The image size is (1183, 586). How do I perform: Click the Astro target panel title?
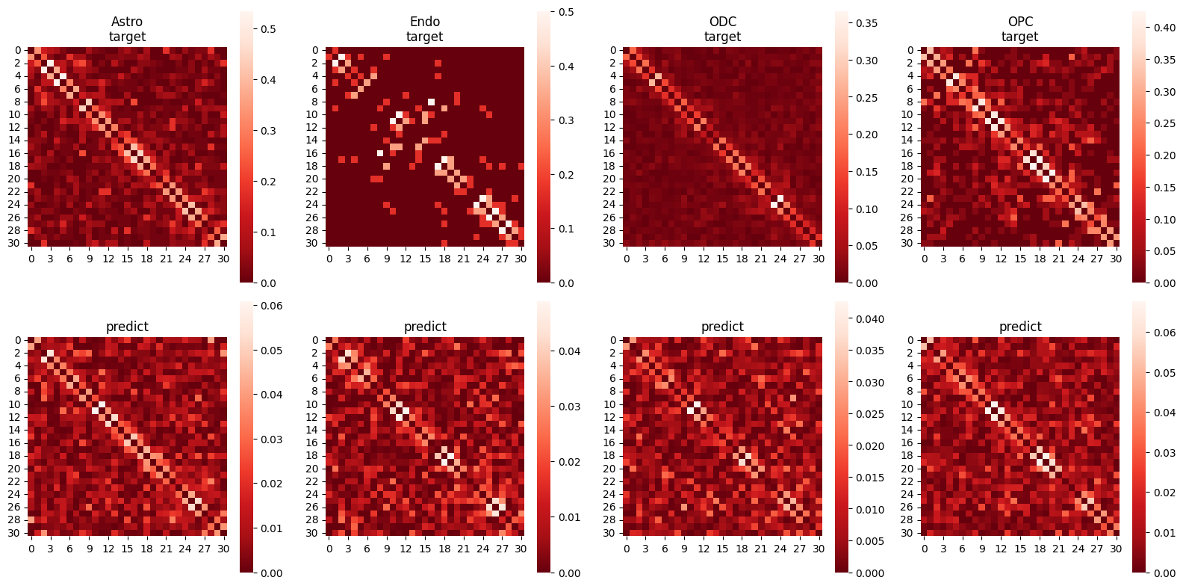click(x=127, y=29)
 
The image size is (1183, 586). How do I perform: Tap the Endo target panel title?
click(x=425, y=29)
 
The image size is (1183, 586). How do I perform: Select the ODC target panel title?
click(x=722, y=29)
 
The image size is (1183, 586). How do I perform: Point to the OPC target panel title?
click(x=1019, y=29)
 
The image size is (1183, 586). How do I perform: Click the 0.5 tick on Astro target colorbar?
click(x=268, y=29)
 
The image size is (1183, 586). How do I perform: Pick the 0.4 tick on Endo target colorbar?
click(x=566, y=67)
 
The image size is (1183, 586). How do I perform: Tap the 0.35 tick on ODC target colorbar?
click(x=866, y=23)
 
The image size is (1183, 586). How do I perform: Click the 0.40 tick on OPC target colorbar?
click(x=1164, y=28)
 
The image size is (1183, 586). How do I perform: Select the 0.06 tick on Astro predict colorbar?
click(x=271, y=306)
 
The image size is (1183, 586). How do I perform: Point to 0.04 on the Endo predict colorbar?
click(x=569, y=351)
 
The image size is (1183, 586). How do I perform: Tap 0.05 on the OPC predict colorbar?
click(x=1164, y=373)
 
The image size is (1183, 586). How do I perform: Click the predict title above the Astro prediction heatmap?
click(x=127, y=327)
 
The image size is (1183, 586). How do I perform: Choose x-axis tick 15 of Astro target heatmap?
click(x=127, y=259)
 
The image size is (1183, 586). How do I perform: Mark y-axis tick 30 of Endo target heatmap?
click(x=313, y=243)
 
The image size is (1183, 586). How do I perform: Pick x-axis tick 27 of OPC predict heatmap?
click(x=1097, y=549)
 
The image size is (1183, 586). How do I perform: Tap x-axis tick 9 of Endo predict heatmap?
click(x=387, y=549)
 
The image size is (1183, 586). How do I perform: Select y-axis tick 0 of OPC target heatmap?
click(x=910, y=50)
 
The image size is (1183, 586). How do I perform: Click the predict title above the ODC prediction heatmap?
click(x=722, y=327)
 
